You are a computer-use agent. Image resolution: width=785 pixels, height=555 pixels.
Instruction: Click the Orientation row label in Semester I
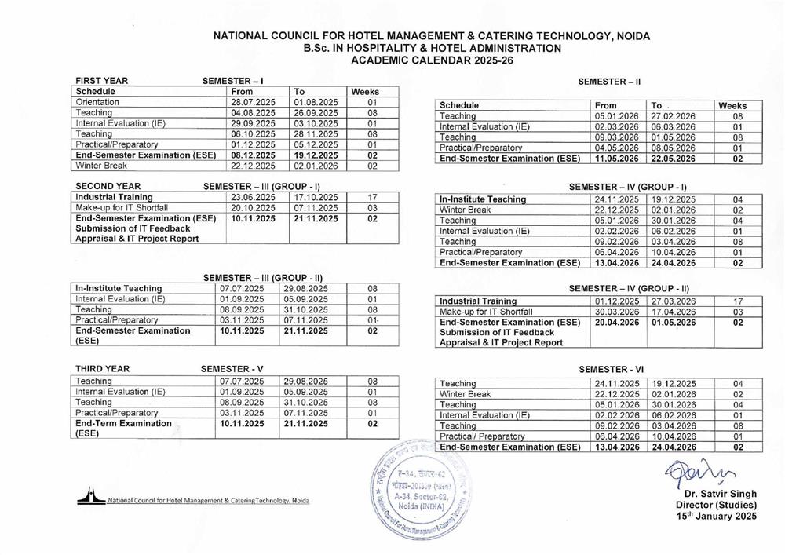click(98, 102)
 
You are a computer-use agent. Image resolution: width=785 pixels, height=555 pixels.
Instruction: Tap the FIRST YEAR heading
click(102, 81)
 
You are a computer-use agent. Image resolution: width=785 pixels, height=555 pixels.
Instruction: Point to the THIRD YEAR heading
click(103, 368)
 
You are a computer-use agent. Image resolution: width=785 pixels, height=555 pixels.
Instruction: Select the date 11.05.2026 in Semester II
click(617, 159)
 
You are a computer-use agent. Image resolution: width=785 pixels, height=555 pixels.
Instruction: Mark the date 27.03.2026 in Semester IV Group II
click(674, 301)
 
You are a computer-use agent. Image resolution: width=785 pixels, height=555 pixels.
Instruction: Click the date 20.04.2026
click(617, 322)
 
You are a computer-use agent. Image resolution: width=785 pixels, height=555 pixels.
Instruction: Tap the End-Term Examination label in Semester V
click(123, 423)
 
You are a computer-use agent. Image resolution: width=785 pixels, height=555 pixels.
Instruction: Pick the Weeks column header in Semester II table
click(732, 106)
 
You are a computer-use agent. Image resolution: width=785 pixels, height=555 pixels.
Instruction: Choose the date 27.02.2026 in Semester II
click(674, 116)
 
